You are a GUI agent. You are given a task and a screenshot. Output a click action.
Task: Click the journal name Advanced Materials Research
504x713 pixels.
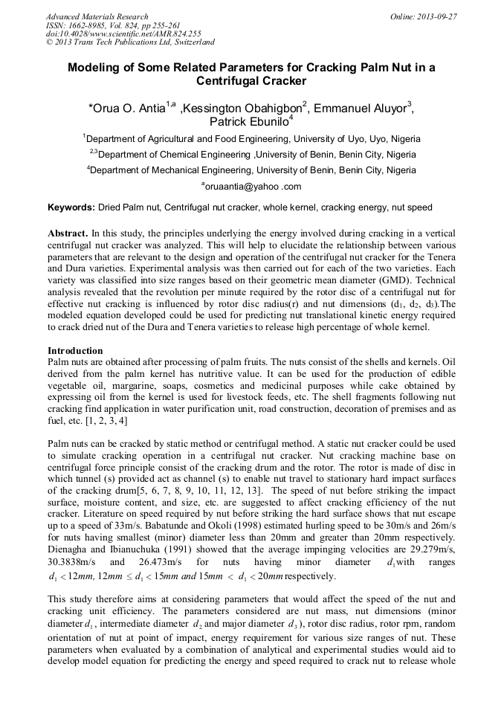pyautogui.click(x=97, y=16)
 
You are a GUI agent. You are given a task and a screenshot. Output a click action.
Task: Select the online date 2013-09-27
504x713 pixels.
pyautogui.click(x=437, y=16)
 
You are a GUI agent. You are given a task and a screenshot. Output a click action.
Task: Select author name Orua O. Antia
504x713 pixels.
pyautogui.click(x=128, y=109)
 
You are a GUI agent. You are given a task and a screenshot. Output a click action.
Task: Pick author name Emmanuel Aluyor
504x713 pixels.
pyautogui.click(x=361, y=109)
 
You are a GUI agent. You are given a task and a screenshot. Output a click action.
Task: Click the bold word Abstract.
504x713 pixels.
pyautogui.click(x=68, y=233)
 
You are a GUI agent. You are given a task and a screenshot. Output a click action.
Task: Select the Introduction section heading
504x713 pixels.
pyautogui.click(x=76, y=350)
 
